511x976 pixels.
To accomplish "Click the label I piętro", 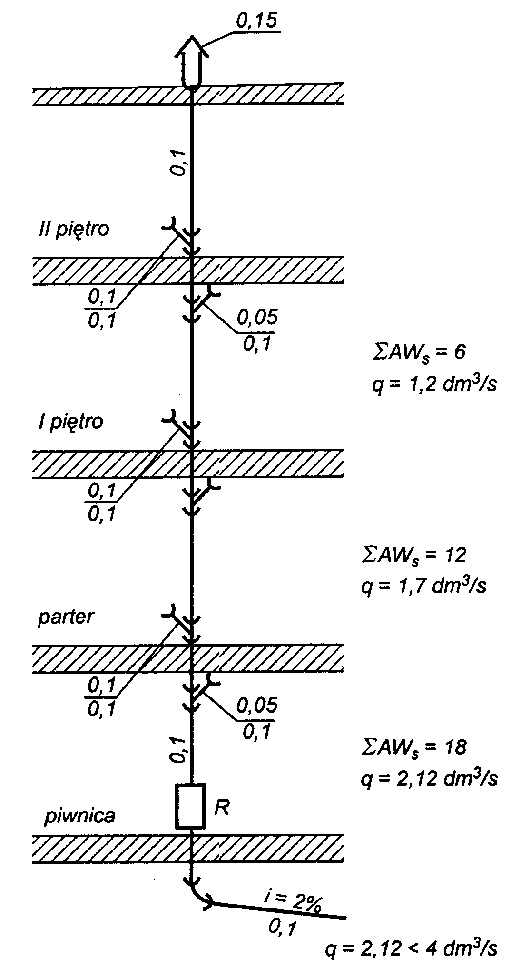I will coord(71,422).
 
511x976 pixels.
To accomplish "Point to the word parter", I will coord(67,617).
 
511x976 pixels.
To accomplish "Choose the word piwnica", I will coord(80,816).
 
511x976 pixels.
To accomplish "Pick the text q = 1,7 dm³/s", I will coord(424,586).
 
